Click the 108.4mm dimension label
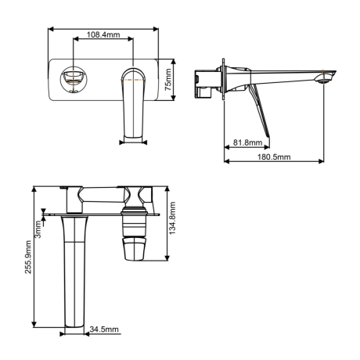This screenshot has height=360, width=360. (103, 34)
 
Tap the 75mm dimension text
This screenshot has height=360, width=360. (168, 80)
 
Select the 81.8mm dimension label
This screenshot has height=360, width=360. (247, 142)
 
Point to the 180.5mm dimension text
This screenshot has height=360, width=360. (274, 157)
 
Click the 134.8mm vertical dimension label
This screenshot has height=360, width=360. (172, 218)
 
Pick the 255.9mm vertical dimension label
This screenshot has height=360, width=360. (28, 257)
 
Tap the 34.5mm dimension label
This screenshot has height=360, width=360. (104, 329)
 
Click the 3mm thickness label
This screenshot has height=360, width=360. (38, 229)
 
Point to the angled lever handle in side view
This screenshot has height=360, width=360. (259, 110)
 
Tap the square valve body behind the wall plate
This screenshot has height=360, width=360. (206, 83)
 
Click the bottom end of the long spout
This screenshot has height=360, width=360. (74, 326)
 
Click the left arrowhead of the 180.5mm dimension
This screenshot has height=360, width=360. (226, 161)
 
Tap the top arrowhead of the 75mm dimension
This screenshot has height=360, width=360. (174, 62)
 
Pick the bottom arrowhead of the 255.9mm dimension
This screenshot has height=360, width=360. (34, 325)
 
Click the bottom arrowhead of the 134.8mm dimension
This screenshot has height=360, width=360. (167, 257)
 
